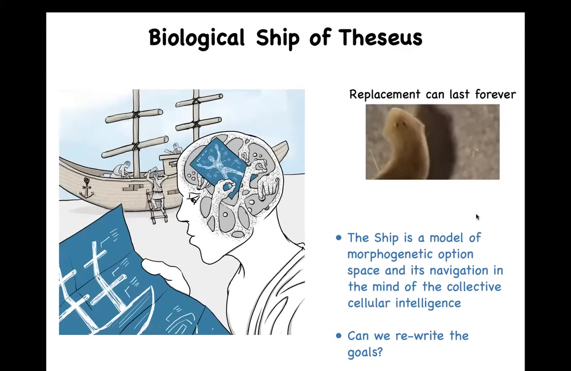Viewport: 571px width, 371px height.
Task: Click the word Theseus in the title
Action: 380,37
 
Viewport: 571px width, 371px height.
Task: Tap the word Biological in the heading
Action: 197,38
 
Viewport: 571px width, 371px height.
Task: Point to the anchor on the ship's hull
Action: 87,188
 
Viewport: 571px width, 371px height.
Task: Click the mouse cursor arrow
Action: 477,217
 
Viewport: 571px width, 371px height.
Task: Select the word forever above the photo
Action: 495,94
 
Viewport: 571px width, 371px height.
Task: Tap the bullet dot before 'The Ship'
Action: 339,238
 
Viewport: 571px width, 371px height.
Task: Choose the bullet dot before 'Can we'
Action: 339,335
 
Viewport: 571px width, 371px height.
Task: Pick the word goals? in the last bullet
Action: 365,352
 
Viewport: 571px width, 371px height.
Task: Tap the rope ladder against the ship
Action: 156,205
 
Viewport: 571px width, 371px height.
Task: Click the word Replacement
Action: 385,95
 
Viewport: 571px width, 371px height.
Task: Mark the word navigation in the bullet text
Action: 457,271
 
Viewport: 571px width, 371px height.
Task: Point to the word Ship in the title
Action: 277,38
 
